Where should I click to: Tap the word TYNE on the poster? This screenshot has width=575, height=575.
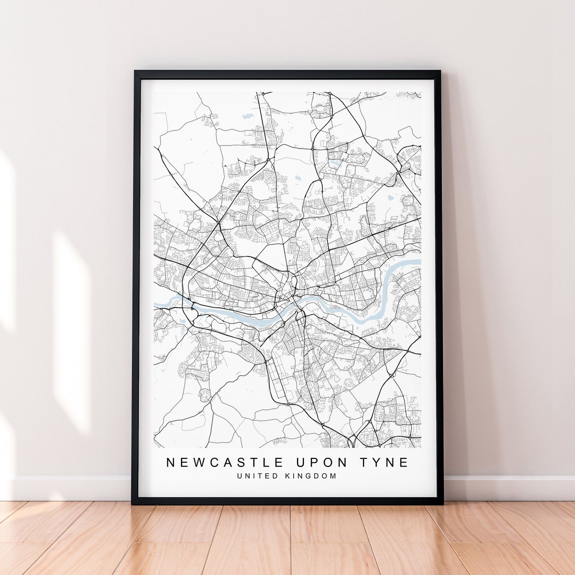pos(382,463)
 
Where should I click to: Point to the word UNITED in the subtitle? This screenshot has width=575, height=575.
pos(257,476)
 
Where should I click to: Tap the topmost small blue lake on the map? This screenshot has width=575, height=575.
pos(248,115)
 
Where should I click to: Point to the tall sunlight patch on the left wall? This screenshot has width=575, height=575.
pos(72,330)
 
